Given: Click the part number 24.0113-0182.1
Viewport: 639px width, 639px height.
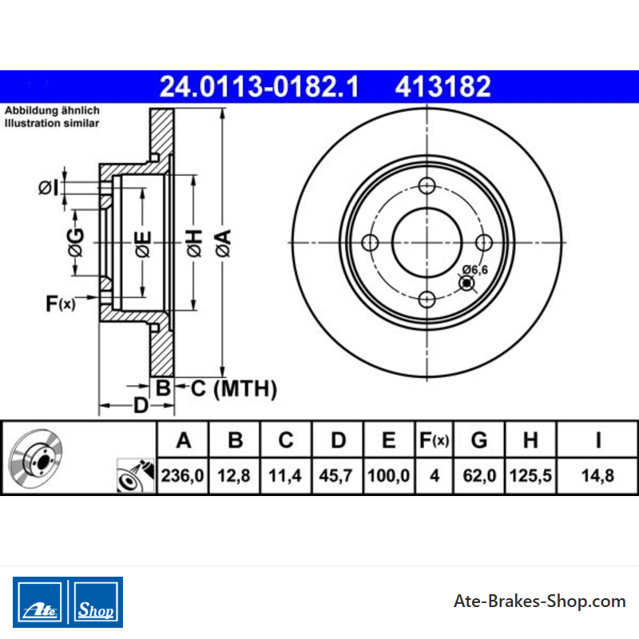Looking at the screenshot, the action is [x=259, y=87].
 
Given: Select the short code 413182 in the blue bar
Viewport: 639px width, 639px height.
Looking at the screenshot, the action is [x=443, y=87].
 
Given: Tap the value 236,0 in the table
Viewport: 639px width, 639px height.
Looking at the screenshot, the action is [x=182, y=475].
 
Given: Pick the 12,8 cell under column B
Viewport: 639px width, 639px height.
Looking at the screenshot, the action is [x=234, y=475].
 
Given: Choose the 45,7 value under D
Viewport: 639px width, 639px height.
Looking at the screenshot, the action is [x=335, y=475].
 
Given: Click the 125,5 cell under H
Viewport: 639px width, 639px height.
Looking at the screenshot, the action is [x=530, y=475].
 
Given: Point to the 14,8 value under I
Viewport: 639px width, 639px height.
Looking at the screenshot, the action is [x=597, y=475].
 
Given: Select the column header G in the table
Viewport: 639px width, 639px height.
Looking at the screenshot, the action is [x=479, y=440].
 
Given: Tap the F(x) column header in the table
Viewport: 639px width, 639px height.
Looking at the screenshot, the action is [x=434, y=440].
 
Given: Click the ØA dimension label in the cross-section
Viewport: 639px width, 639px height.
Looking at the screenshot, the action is [x=223, y=244].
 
